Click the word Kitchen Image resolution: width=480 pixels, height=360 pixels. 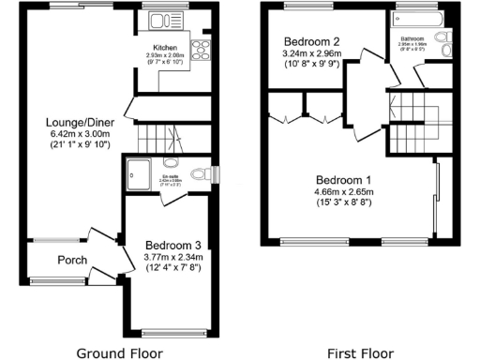tap(166, 47)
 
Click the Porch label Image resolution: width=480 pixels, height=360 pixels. tap(73, 260)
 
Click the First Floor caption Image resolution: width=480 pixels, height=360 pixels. tap(360, 352)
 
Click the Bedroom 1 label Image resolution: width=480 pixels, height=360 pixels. tap(343, 180)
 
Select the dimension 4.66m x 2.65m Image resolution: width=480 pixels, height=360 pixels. tap(343, 193)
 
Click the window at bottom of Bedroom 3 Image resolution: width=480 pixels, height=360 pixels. tap(173, 331)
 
